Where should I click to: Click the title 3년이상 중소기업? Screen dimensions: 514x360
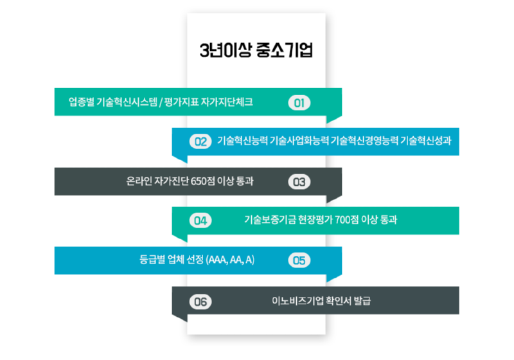pos(256,50)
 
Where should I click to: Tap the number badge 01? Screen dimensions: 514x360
pos(299,103)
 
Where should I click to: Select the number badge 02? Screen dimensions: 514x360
pos(200,141)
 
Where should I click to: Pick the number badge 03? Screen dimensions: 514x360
pos(299,182)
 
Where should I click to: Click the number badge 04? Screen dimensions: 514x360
pos(200,221)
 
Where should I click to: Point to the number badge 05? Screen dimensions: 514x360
pos(299,260)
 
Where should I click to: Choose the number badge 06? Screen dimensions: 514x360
pos(200,301)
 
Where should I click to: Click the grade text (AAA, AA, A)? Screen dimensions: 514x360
pos(230,260)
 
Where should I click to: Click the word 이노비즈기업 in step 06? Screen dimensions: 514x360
pos(297,301)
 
